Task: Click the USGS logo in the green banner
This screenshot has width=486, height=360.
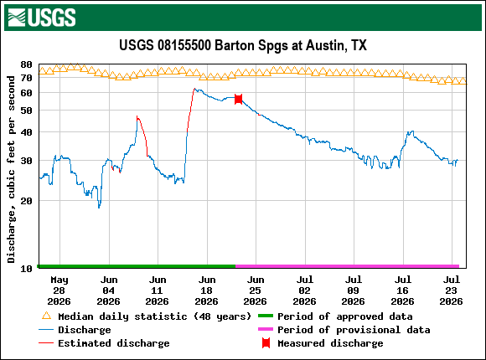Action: [42, 18]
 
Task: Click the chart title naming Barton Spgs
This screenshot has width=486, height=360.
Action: [243, 45]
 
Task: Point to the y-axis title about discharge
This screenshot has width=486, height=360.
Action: [11, 169]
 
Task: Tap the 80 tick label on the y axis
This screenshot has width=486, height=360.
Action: [26, 64]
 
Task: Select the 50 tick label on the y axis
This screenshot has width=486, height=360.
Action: [26, 111]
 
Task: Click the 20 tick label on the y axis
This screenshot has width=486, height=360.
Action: [26, 201]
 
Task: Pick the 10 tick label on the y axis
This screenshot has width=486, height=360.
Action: [26, 268]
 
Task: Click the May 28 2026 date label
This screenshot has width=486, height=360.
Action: [59, 291]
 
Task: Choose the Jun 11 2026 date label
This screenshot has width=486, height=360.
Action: [158, 291]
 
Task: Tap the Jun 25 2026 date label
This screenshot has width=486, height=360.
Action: [255, 291]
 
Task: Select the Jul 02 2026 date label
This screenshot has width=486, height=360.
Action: [304, 291]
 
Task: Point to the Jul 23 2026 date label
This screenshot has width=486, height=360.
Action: [452, 291]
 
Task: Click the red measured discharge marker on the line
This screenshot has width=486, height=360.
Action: [238, 99]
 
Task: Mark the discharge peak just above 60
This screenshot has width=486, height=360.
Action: [194, 89]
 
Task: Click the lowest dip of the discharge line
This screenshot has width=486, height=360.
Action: [99, 208]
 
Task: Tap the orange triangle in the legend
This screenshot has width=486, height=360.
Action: [46, 316]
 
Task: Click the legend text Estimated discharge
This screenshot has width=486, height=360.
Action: [114, 343]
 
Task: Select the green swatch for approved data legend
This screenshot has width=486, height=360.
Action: [266, 316]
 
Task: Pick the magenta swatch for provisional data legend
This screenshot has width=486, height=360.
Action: [266, 329]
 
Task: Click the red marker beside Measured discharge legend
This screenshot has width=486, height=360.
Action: [266, 343]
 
